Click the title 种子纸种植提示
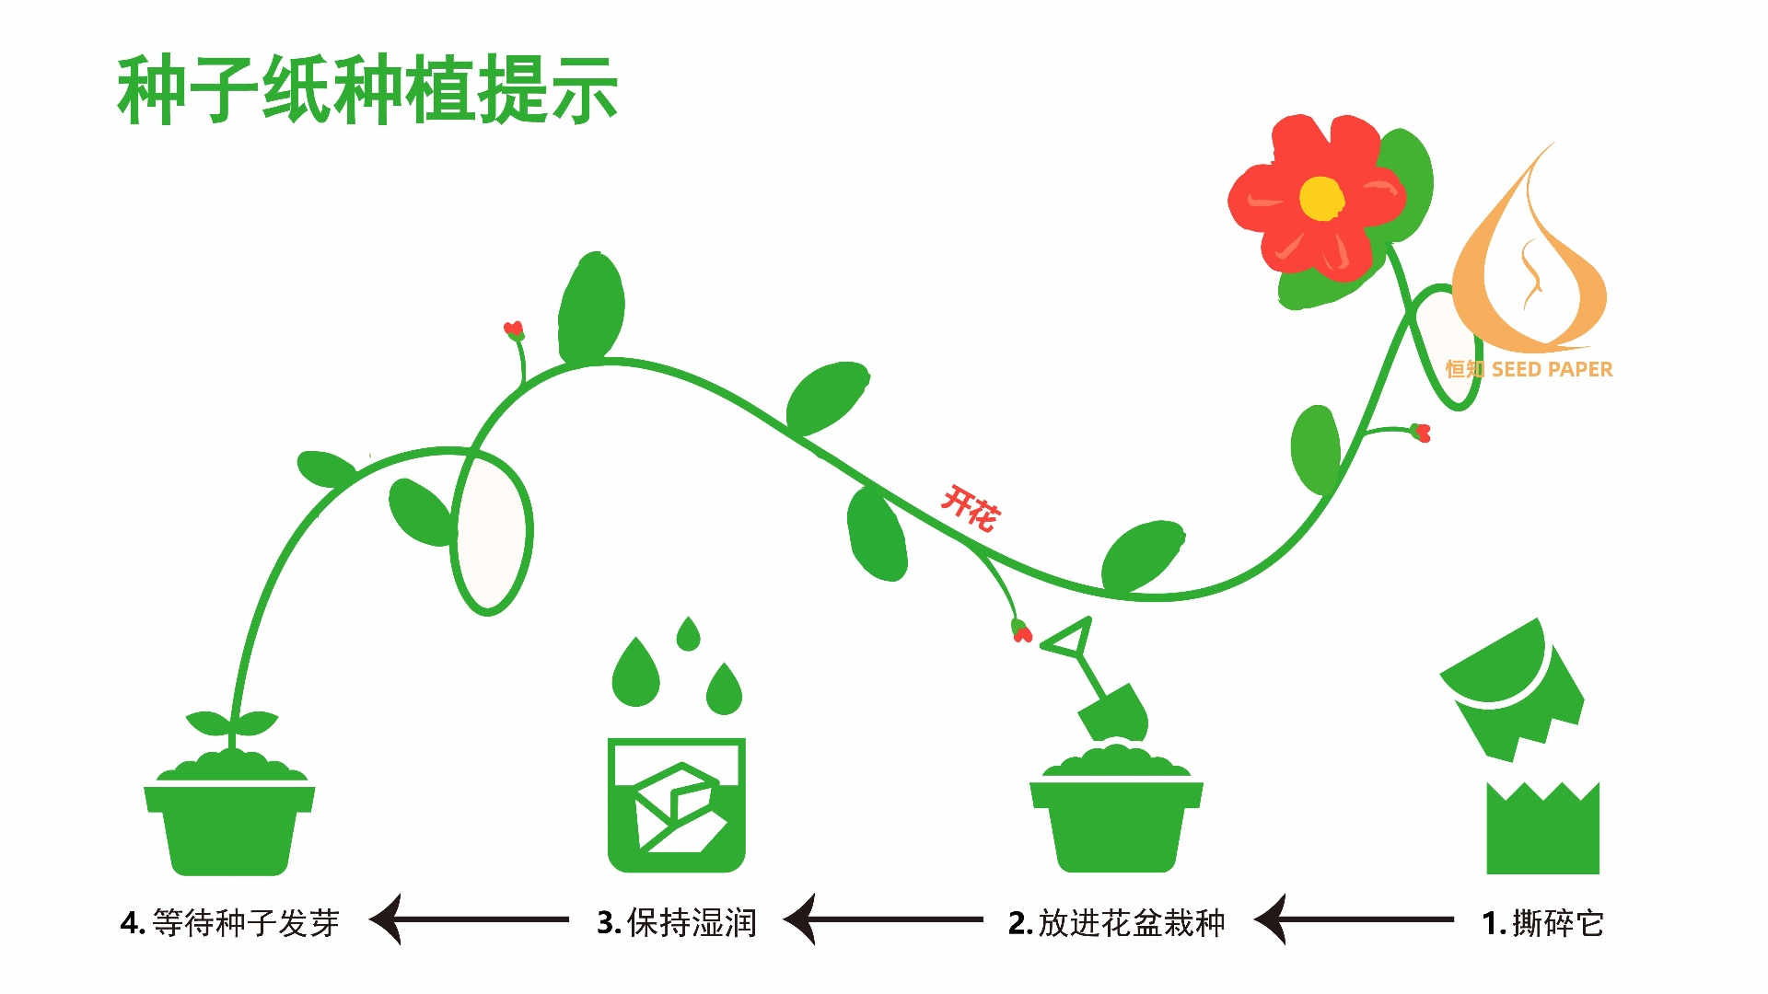coord(366,89)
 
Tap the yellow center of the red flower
coord(1321,199)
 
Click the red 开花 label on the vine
coord(969,508)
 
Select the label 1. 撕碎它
coord(1543,922)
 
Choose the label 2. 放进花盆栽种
coord(1116,922)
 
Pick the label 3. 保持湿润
coord(677,922)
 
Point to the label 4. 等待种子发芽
coord(230,922)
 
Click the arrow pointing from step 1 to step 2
coord(1354,919)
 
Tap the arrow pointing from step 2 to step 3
coord(884,919)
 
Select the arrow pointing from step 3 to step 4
coord(470,919)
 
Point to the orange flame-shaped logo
coord(1529,267)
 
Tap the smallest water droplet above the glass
coord(688,634)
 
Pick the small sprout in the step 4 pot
coord(231,725)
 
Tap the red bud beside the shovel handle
coord(1021,632)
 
